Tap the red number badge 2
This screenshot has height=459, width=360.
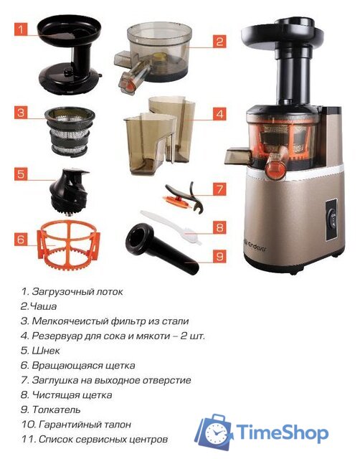pyautogui.click(x=220, y=42)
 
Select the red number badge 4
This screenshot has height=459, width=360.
pyautogui.click(x=220, y=113)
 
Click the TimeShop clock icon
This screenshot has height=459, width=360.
pyautogui.click(x=216, y=430)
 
